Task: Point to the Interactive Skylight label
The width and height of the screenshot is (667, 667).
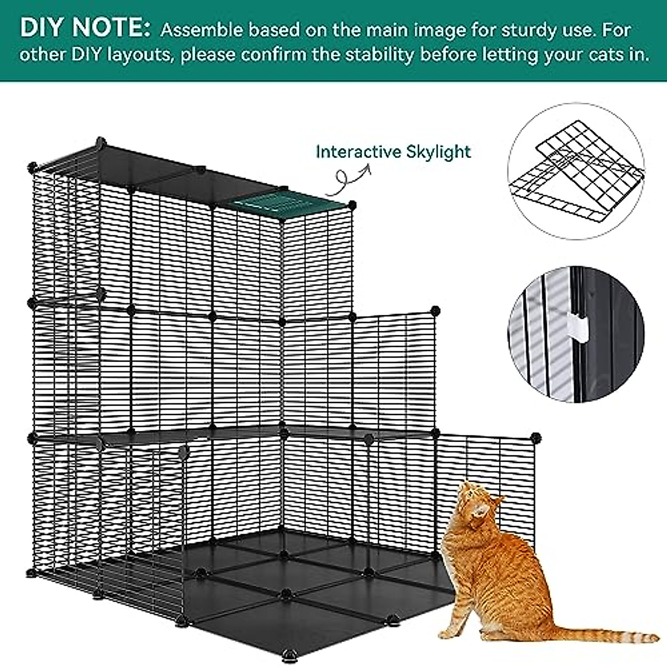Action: [393, 151]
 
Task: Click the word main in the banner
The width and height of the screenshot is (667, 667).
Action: [390, 29]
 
